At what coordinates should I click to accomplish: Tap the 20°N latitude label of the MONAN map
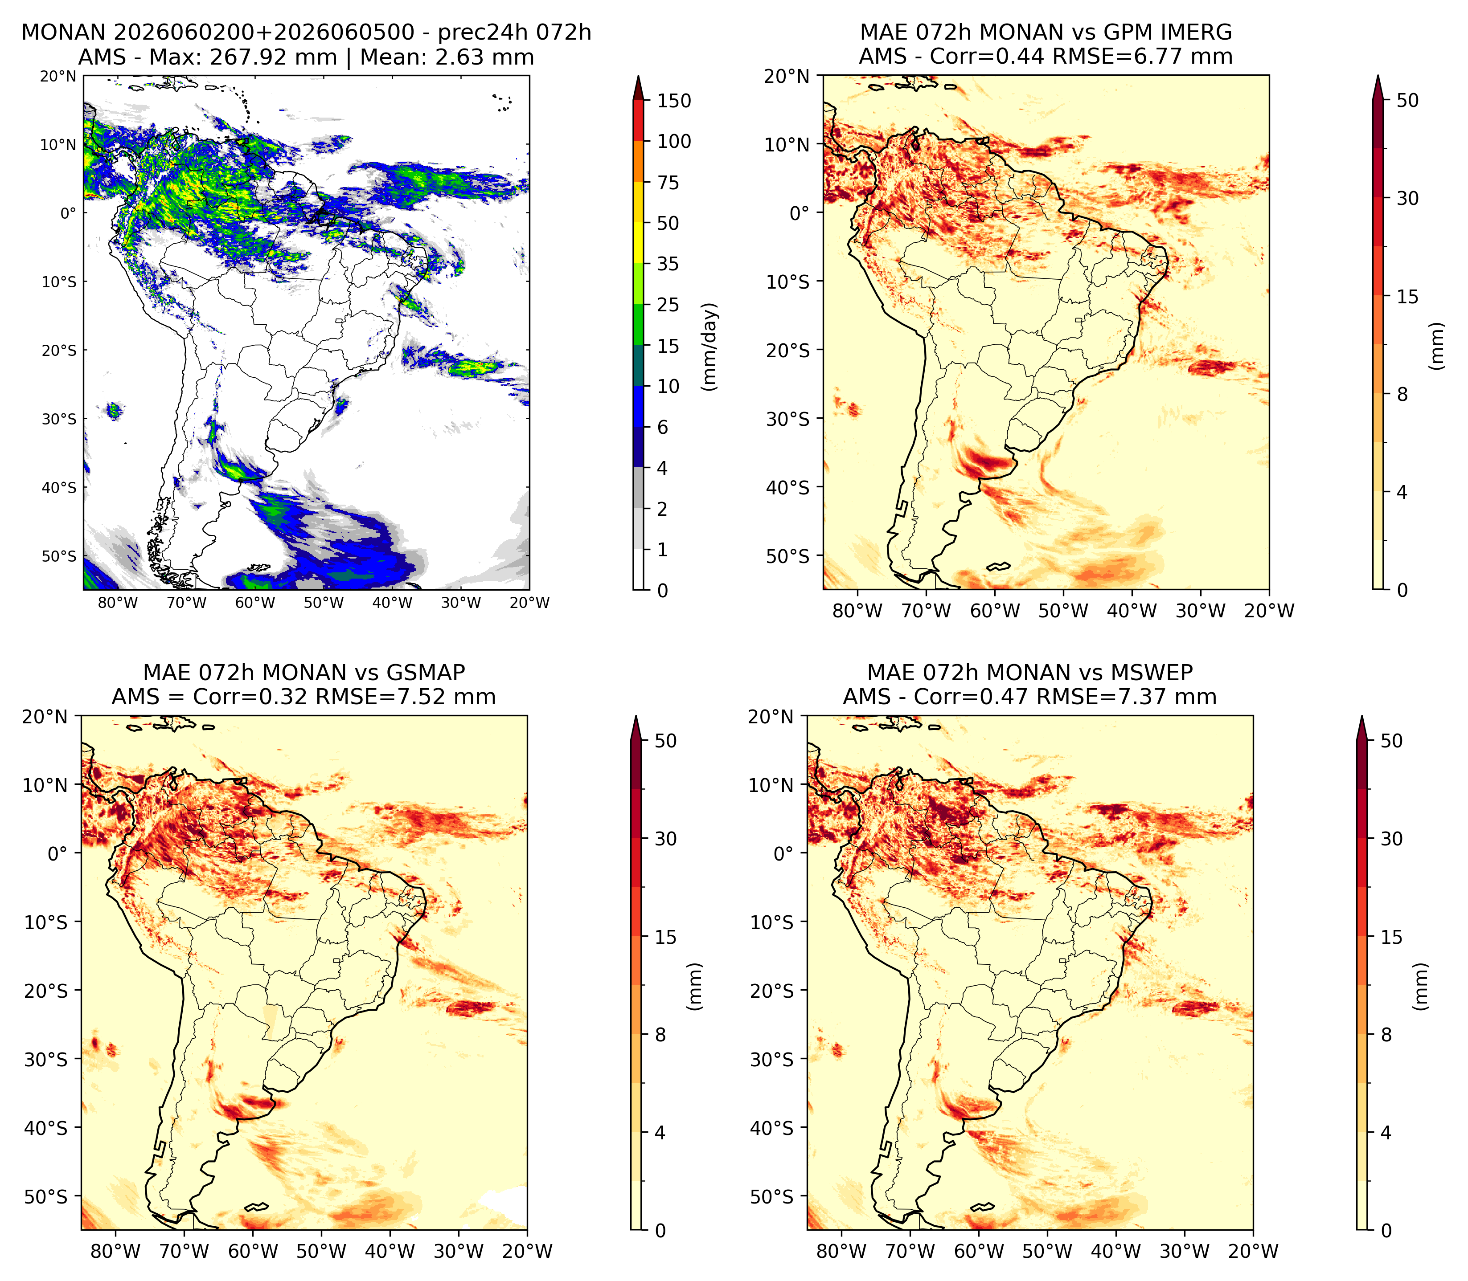(58, 77)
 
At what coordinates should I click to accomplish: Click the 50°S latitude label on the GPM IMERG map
(788, 556)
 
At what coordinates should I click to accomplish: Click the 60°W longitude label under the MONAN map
(255, 603)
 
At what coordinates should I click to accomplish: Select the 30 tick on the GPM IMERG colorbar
(1407, 198)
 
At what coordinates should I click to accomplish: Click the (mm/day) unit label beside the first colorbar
(709, 347)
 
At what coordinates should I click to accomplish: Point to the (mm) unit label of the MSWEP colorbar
(1422, 987)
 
